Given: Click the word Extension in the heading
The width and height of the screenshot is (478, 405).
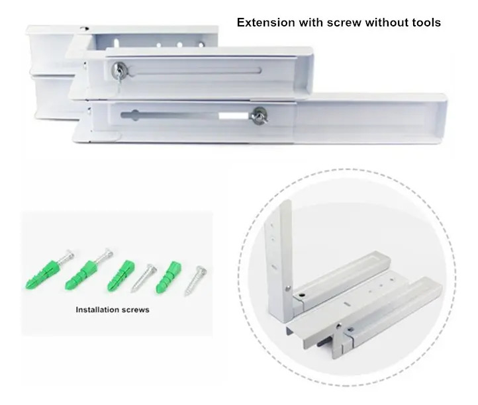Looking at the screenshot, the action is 265,22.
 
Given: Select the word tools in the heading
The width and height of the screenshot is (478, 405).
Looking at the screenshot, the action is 425,22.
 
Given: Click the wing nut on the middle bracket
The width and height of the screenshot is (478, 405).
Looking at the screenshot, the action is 119,71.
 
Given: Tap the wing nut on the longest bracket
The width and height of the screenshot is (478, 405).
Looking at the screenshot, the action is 260,116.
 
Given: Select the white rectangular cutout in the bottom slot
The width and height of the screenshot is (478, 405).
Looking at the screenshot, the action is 234,116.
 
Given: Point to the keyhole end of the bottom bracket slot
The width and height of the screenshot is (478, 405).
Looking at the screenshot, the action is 135,116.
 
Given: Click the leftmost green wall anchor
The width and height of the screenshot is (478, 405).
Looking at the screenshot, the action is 41,274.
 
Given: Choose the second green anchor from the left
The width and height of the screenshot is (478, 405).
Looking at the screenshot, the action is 81,275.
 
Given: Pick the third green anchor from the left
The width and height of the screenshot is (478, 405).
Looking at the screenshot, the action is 121,275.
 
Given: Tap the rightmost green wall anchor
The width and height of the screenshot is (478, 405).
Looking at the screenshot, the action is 169,277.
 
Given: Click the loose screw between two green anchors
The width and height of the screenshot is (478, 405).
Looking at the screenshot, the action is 144,278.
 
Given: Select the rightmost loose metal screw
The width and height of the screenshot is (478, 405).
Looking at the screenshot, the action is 196,281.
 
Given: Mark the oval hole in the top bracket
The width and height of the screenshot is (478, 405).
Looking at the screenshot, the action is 117,42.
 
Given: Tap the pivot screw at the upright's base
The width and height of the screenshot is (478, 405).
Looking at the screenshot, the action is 287,288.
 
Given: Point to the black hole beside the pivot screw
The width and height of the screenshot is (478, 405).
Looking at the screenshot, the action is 302,295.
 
